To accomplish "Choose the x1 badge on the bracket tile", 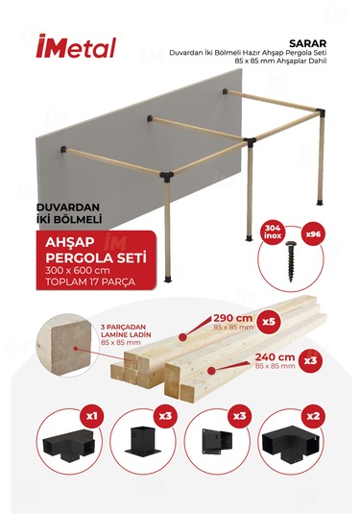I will (92, 418).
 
